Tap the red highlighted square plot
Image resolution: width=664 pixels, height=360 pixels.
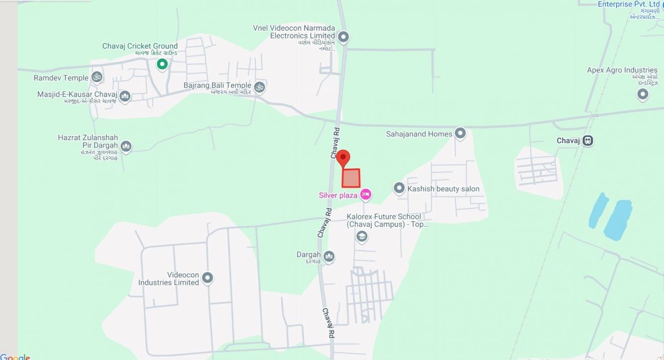(x=351, y=178)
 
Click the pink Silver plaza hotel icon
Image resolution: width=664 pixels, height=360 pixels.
(x=366, y=194)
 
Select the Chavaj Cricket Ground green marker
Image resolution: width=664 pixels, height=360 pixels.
(x=162, y=64)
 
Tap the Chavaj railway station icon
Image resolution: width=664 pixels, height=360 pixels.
(x=588, y=141)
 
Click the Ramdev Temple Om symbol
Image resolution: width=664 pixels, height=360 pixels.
(x=97, y=77)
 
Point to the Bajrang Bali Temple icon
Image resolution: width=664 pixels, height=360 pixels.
(x=259, y=87)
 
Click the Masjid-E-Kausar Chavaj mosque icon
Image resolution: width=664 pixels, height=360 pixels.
(x=125, y=95)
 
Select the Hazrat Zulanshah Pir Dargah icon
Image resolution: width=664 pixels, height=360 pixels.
(x=126, y=146)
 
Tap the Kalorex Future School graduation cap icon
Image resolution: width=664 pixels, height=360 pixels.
(x=362, y=236)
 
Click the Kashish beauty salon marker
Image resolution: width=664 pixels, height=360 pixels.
(x=399, y=188)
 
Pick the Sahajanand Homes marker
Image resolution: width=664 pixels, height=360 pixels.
(x=460, y=133)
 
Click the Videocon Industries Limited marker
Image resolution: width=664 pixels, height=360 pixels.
(x=207, y=277)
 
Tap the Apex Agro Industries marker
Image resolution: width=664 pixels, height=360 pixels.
(x=643, y=93)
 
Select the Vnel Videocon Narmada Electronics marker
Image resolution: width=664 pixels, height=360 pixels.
(x=343, y=37)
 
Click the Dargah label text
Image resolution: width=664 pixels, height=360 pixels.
(x=309, y=255)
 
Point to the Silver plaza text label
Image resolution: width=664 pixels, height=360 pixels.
(x=338, y=195)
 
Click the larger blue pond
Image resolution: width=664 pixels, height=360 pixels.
(x=618, y=220)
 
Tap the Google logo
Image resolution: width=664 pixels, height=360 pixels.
(x=15, y=357)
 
